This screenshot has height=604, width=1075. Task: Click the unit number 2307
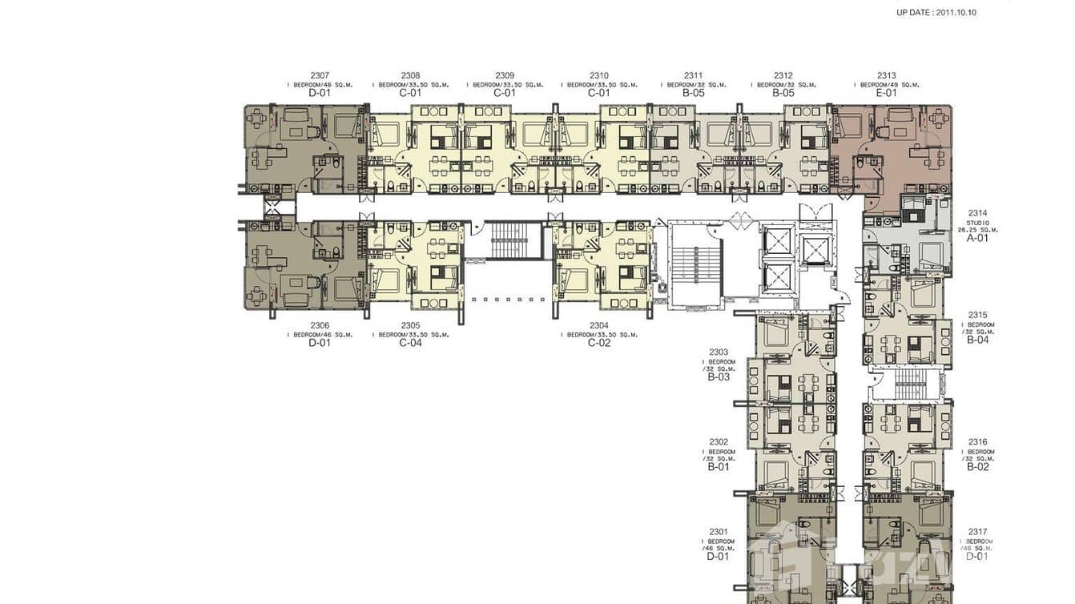click(319, 75)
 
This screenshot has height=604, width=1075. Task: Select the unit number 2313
click(886, 75)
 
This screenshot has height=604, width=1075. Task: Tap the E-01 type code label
click(886, 93)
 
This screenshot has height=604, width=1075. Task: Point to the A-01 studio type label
click(977, 238)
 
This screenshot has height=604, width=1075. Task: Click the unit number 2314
click(977, 213)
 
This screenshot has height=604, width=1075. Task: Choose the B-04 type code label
click(977, 340)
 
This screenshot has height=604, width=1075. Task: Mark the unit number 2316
click(977, 441)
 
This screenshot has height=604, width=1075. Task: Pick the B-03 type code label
click(719, 376)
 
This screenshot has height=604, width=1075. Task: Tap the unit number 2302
click(719, 441)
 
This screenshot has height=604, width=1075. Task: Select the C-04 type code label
click(410, 343)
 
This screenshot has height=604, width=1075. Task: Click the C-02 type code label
click(598, 343)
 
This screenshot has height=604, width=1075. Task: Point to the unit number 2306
click(319, 325)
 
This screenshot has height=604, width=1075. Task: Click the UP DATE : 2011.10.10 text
click(936, 13)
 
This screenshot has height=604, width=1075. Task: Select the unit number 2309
click(505, 75)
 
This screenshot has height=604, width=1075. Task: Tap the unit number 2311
click(693, 75)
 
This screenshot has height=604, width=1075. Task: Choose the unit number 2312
click(783, 75)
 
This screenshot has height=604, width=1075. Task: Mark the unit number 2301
click(719, 531)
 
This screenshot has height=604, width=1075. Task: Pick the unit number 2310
click(598, 75)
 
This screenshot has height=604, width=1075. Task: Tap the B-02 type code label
click(977, 467)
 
